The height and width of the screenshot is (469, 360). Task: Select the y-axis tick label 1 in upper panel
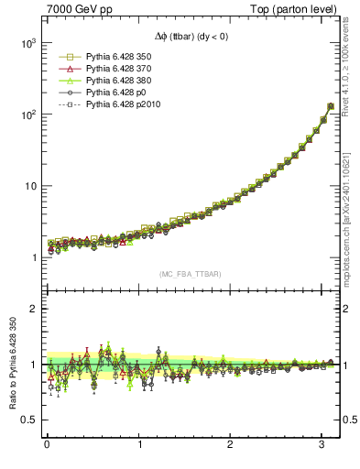coord(33,257)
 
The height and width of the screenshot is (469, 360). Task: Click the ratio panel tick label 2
coord(32,309)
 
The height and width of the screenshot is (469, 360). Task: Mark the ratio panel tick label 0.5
coord(27,420)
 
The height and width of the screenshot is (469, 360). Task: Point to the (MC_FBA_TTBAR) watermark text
coord(189,274)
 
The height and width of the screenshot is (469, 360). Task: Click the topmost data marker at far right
coord(331,106)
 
